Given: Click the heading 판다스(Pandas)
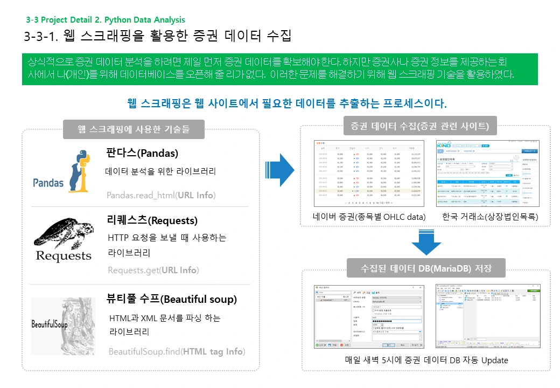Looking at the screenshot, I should coord(142,153).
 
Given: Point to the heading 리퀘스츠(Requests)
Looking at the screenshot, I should coord(152,220).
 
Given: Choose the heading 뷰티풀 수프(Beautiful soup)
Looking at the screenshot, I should coord(172,299).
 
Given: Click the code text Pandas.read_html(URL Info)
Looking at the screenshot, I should coord(161,195).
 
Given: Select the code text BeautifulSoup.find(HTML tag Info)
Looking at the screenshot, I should coord(177,352).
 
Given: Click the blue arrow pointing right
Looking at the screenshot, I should coord(280,170).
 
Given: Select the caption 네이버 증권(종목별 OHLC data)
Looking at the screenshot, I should coord(369,217).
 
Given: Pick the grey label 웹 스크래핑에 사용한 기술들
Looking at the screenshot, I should coord(134,129).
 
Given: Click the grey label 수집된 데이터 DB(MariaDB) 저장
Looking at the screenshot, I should coord(426,268).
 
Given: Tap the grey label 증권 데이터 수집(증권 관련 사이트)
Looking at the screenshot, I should coord(419,127).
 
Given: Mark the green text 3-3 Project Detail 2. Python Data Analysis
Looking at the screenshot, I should coord(106,20).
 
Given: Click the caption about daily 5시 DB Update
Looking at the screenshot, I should coord(426,360).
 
